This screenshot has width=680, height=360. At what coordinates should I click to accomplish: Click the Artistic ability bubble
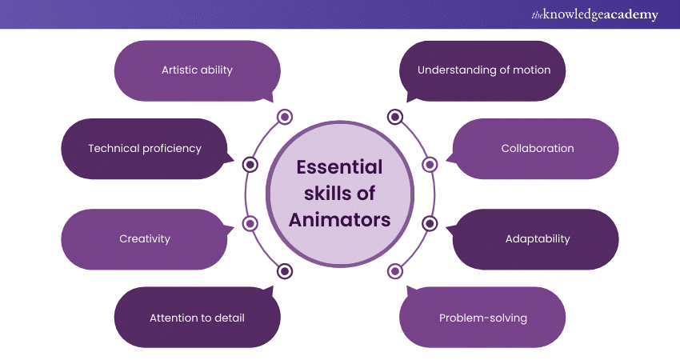pyautogui.click(x=197, y=70)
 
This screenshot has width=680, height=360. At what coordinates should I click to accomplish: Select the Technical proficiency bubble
pyautogui.click(x=145, y=148)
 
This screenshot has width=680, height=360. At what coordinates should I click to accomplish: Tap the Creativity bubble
pyautogui.click(x=145, y=238)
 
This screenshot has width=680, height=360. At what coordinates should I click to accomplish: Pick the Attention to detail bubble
pyautogui.click(x=197, y=318)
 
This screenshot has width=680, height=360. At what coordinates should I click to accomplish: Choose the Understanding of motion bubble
pyautogui.click(x=484, y=70)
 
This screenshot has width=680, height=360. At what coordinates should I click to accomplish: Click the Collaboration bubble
pyautogui.click(x=537, y=148)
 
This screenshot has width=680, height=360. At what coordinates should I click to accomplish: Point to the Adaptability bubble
pyautogui.click(x=537, y=238)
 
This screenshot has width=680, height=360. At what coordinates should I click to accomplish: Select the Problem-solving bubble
pyautogui.click(x=483, y=318)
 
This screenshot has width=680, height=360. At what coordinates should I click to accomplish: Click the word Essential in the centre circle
pyautogui.click(x=339, y=167)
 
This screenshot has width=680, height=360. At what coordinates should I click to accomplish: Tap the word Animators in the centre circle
pyautogui.click(x=339, y=219)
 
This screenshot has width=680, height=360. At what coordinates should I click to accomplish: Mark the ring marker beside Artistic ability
pyautogui.click(x=284, y=118)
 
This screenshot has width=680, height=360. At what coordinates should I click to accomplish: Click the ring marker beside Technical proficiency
pyautogui.click(x=250, y=165)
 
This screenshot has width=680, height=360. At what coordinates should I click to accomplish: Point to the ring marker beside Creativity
pyautogui.click(x=250, y=223)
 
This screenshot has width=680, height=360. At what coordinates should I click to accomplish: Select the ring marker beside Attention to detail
pyautogui.click(x=284, y=270)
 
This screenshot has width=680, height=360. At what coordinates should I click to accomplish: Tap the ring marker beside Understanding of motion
pyautogui.click(x=394, y=118)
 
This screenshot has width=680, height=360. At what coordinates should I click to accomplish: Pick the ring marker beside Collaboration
pyautogui.click(x=430, y=165)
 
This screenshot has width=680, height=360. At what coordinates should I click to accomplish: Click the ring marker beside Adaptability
pyautogui.click(x=430, y=223)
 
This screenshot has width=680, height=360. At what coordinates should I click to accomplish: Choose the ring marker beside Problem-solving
pyautogui.click(x=394, y=270)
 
